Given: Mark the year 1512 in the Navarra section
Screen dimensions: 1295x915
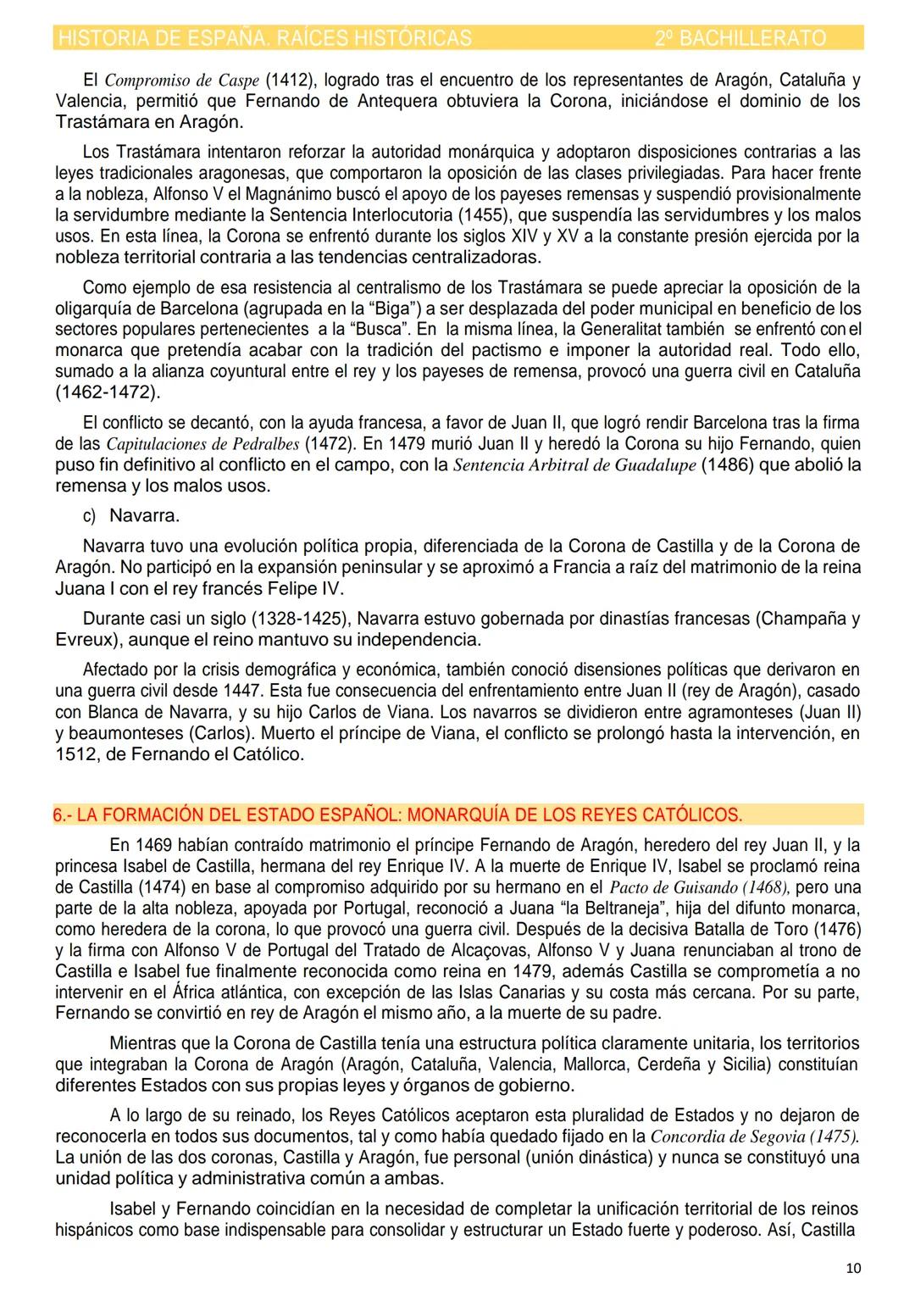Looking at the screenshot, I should click(77, 754).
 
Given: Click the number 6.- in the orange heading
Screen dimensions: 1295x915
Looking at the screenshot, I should click(64, 815).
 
